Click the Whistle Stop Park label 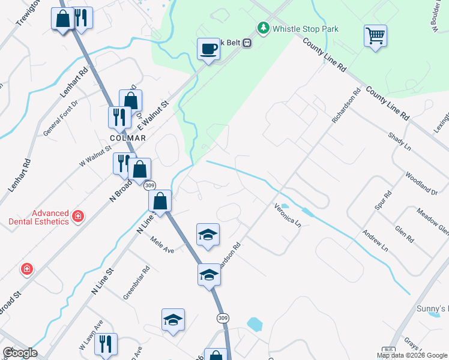[x=306, y=29]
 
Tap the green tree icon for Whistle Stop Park [x=263, y=28]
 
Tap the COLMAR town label [x=128, y=138]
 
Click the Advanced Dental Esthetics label [x=37, y=217]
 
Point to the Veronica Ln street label [x=288, y=214]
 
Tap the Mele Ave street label [x=162, y=245]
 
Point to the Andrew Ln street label [x=375, y=241]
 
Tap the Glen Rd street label [x=404, y=233]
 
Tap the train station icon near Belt [x=247, y=43]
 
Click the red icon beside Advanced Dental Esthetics [x=77, y=216]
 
